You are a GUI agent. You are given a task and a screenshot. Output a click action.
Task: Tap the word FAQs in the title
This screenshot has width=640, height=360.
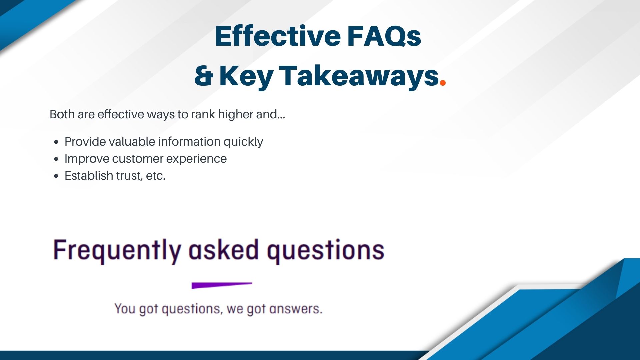[384, 36]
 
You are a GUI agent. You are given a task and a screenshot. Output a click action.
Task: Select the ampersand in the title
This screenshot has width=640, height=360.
[204, 76]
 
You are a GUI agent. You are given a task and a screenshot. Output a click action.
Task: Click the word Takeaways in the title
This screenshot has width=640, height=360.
[359, 77]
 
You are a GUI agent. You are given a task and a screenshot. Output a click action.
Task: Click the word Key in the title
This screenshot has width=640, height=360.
[246, 77]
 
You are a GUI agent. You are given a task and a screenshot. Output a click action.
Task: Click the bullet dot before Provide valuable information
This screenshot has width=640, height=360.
[56, 142]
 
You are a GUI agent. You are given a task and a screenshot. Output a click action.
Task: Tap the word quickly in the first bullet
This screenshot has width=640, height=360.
[243, 142]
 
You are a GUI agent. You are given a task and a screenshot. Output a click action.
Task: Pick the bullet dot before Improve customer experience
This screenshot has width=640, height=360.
[56, 159]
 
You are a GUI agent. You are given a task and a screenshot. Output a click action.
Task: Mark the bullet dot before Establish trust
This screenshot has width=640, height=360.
[56, 176]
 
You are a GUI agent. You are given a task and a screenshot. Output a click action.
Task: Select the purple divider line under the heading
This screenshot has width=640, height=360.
[222, 285]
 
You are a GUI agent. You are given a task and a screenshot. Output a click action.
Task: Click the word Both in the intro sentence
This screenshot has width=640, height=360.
[62, 114]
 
